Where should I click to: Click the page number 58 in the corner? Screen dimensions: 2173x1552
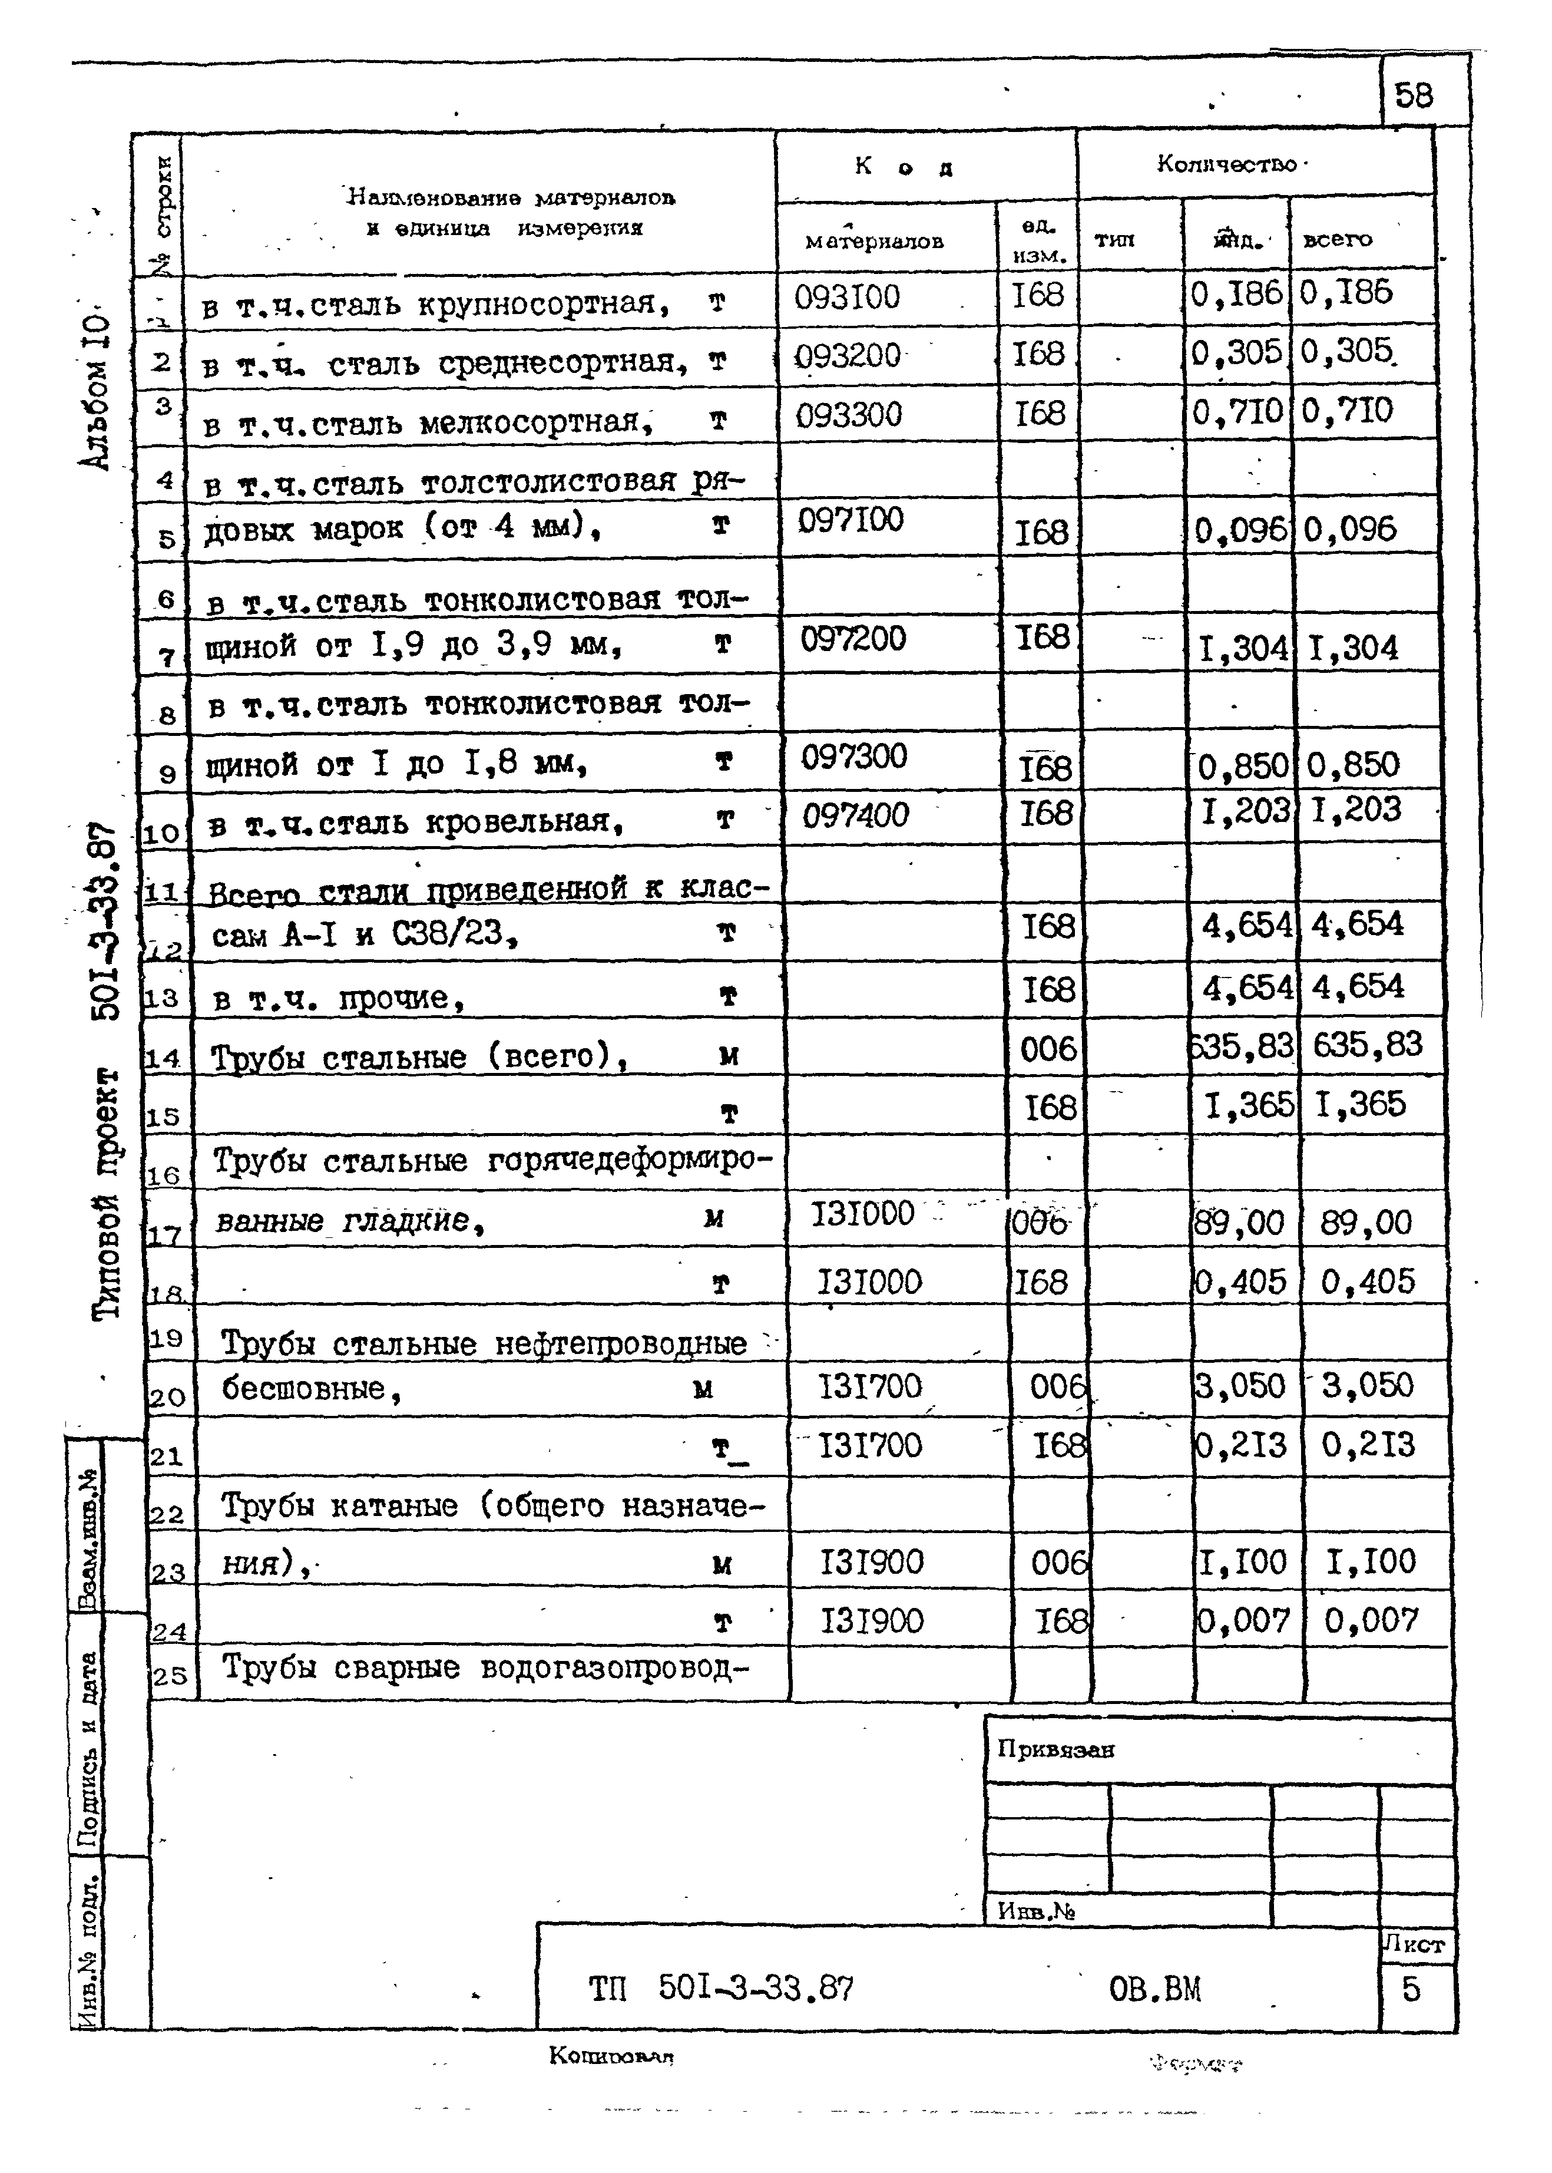click(x=1414, y=95)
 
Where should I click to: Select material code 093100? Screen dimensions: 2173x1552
click(x=847, y=298)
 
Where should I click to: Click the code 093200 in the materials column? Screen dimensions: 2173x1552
click(x=848, y=356)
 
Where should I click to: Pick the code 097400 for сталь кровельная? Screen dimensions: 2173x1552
click(x=855, y=815)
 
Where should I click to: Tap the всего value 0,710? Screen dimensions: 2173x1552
click(x=1348, y=411)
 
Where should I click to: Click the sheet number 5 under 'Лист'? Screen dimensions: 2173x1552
click(x=1411, y=1989)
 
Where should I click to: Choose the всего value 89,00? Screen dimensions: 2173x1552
click(x=1366, y=1223)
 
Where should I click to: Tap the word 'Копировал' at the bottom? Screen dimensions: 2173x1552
click(x=611, y=2055)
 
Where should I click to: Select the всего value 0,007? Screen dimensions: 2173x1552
click(x=1371, y=1620)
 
